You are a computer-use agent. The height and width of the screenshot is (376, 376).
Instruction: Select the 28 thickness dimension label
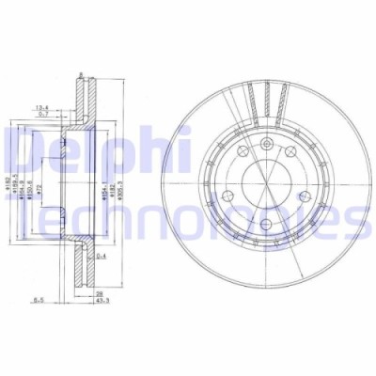pyautogui.click(x=97, y=294)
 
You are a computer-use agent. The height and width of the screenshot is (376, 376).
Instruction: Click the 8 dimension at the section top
pyautogui.click(x=82, y=74)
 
